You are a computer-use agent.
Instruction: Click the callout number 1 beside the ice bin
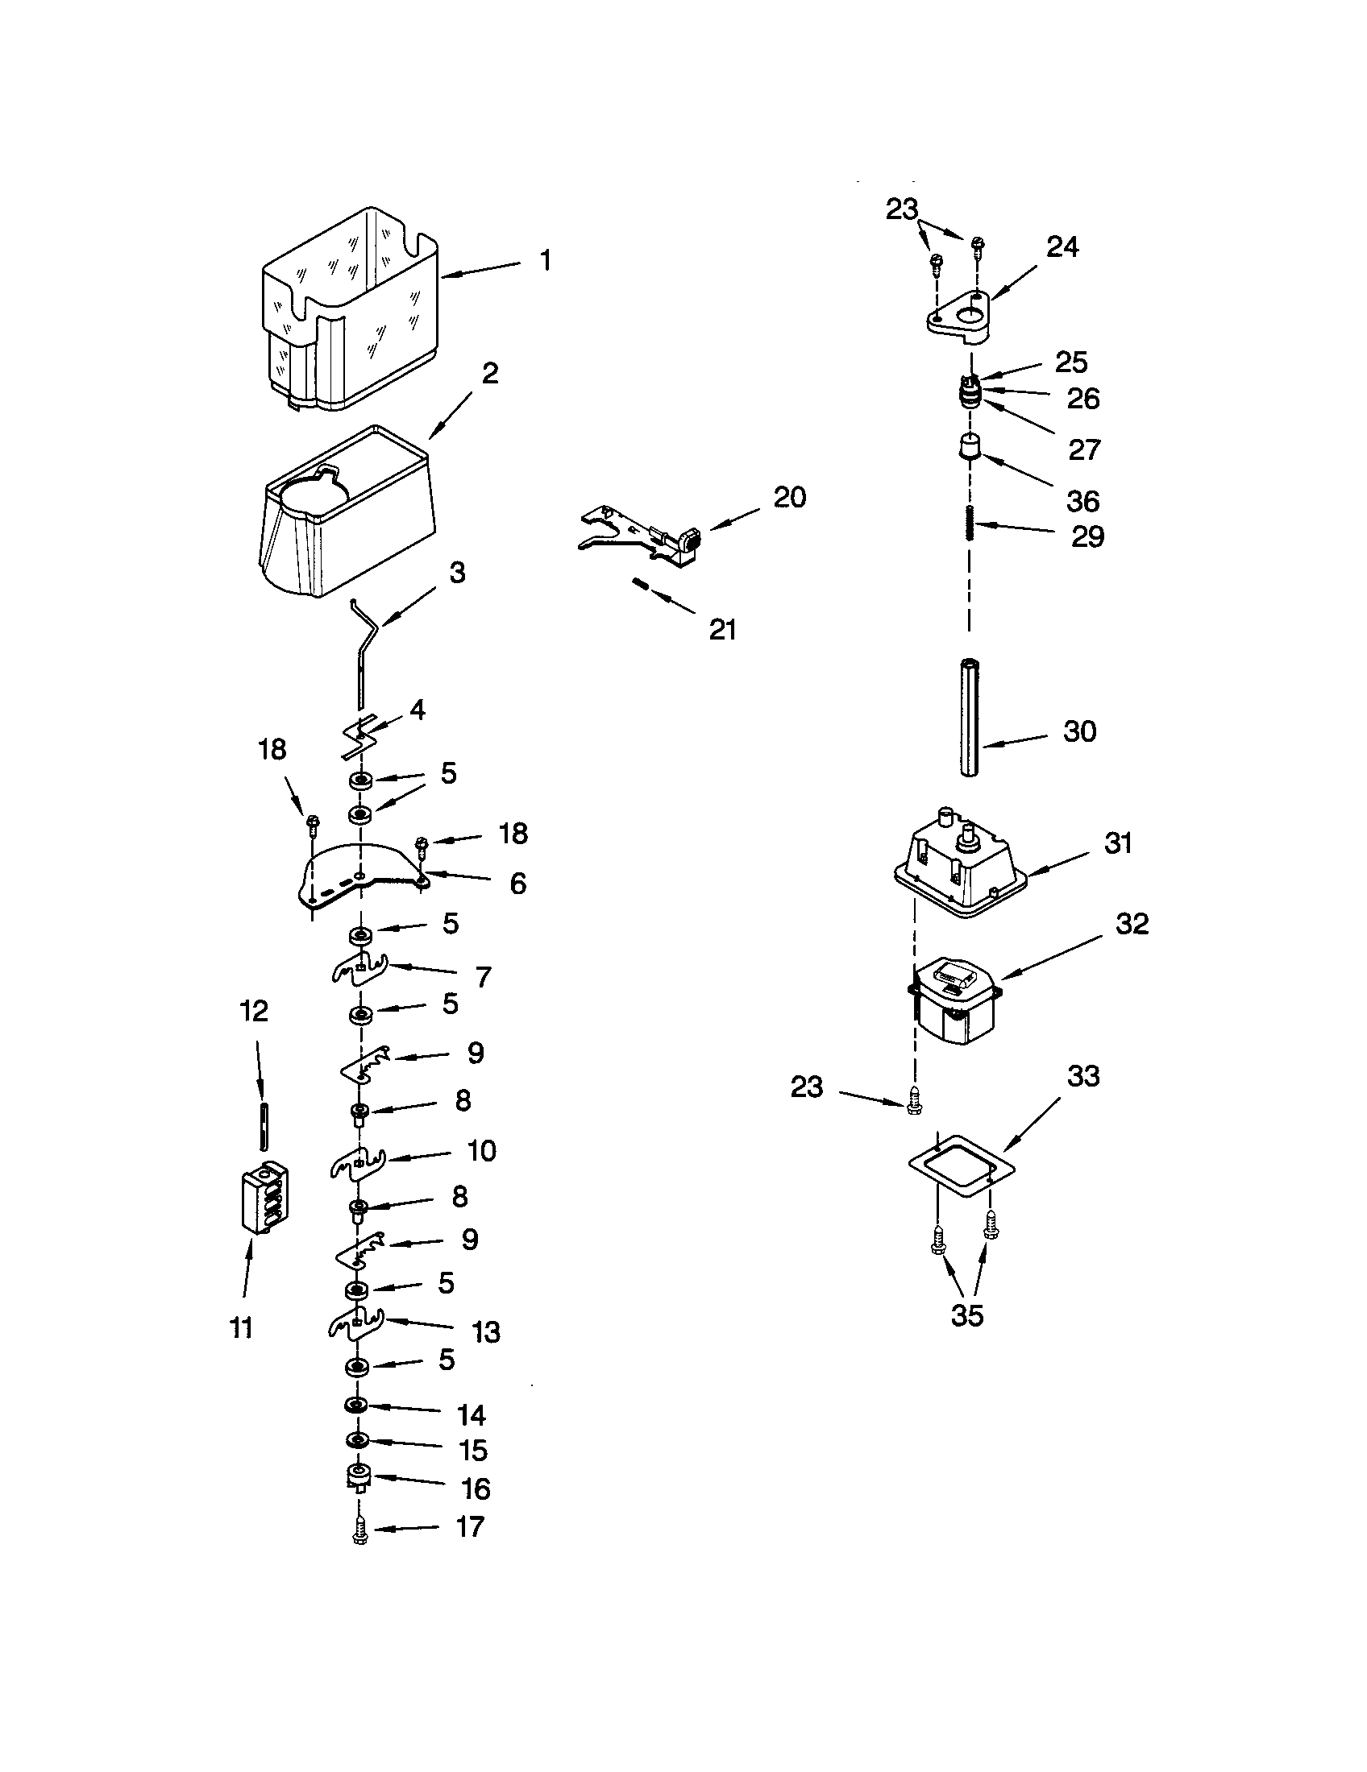pyautogui.click(x=546, y=261)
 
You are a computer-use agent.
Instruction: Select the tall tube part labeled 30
pyautogui.click(x=970, y=718)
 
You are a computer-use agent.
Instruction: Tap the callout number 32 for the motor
pyautogui.click(x=1132, y=924)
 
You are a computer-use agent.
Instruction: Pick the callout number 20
pyautogui.click(x=789, y=497)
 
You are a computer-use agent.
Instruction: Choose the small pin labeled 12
pyautogui.click(x=263, y=1124)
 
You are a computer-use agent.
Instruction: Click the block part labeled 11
pyautogui.click(x=265, y=1199)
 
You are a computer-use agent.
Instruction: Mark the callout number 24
pyautogui.click(x=1062, y=246)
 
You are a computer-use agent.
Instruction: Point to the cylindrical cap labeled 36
pyautogui.click(x=967, y=448)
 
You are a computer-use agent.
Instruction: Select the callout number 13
pyautogui.click(x=486, y=1332)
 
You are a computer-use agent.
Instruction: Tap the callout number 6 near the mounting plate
pyautogui.click(x=518, y=883)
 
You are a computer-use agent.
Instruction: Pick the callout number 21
pyautogui.click(x=722, y=630)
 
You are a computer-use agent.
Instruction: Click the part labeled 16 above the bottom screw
pyautogui.click(x=358, y=1477)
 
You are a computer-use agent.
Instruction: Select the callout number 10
pyautogui.click(x=481, y=1150)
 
